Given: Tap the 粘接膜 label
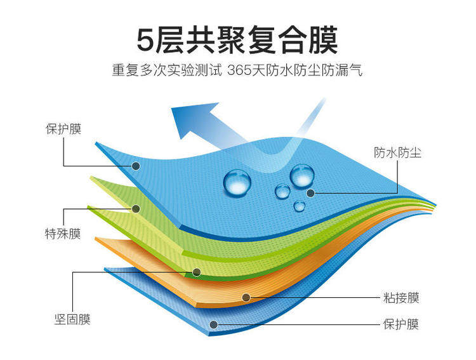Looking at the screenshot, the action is click(401, 297).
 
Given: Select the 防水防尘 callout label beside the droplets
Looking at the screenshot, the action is click(393, 152).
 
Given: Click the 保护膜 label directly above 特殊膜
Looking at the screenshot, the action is click(63, 129).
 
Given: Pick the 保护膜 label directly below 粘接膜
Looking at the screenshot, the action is click(401, 324).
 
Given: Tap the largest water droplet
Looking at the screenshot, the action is click(237, 182).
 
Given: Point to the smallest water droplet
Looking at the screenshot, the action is click(300, 206).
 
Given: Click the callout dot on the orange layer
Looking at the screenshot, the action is click(247, 297).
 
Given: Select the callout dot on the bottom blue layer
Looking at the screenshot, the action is click(214, 324).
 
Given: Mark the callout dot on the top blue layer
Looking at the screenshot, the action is click(136, 166).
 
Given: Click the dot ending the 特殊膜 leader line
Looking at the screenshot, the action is click(136, 208).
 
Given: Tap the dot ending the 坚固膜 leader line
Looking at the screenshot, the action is click(197, 272).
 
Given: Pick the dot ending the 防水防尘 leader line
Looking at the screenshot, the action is click(310, 192).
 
